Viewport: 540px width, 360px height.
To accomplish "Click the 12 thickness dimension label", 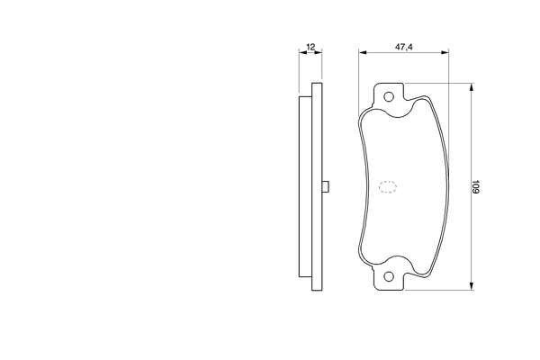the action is point(310,47).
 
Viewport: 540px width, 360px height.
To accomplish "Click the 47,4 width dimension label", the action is point(403,47).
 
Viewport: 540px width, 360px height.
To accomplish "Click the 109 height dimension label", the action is point(475,186).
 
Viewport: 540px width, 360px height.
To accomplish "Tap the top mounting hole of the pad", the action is point(389,97).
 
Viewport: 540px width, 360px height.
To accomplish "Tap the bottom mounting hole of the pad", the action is point(389,276).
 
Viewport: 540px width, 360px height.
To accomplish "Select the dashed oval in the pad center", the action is point(388,186).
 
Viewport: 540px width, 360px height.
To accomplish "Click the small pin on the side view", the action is point(326,186).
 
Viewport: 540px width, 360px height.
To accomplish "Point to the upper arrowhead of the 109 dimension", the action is point(472,86).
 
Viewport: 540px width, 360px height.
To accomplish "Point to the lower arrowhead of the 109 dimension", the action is point(472,285).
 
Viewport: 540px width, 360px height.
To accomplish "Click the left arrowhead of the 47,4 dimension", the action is point(363,52).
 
